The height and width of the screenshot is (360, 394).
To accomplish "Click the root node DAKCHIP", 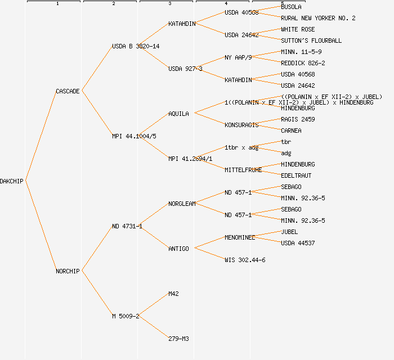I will [x=12, y=181].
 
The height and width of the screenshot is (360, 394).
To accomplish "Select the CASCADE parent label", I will [x=68, y=91].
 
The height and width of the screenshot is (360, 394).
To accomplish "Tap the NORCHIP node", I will [x=68, y=271].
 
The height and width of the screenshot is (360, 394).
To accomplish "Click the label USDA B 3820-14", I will [x=136, y=46].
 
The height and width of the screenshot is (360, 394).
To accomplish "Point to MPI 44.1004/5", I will [x=134, y=136].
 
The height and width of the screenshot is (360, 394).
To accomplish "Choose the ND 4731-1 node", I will [x=127, y=226].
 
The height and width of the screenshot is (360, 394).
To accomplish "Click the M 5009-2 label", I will [x=126, y=316].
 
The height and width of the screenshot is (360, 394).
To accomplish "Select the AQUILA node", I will [x=178, y=114].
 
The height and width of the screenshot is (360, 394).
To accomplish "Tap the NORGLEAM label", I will [x=182, y=204].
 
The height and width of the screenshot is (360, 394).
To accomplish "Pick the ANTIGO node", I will [x=178, y=249].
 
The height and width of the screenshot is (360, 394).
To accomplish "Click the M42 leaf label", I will [x=173, y=294].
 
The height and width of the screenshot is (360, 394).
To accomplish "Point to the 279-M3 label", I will [x=178, y=339].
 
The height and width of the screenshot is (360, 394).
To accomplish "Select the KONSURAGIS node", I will [x=241, y=125].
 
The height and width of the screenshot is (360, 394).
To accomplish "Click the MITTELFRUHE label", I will [x=243, y=170].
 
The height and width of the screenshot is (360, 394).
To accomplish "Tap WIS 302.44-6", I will [x=245, y=260].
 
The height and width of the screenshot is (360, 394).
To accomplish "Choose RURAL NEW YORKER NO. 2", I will [x=318, y=18].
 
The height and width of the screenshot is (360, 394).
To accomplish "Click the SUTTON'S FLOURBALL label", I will [x=311, y=40].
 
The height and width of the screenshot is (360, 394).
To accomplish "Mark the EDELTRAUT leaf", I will [x=296, y=175].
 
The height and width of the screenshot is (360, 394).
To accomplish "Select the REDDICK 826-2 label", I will [x=303, y=63].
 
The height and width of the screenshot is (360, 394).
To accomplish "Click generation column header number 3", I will [x=169, y=4].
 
